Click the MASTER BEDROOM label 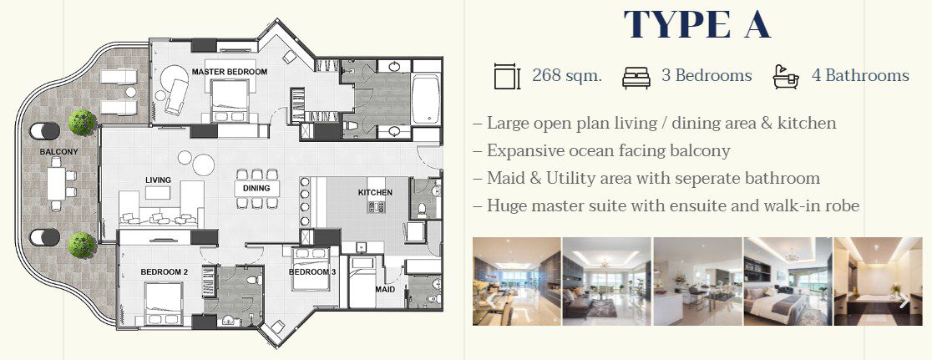[230, 72]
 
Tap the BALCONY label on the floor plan [58, 152]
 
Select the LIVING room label [158, 180]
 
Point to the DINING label [256, 188]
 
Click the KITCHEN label [375, 192]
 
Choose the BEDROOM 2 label [164, 272]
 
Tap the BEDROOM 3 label [312, 272]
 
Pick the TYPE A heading [696, 24]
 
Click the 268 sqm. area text [567, 76]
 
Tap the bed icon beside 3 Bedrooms [636, 77]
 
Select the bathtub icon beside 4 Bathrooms [786, 77]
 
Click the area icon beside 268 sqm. [507, 77]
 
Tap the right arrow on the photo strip [904, 301]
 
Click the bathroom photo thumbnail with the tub [879, 281]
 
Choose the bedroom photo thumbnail [788, 281]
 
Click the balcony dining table [56, 184]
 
